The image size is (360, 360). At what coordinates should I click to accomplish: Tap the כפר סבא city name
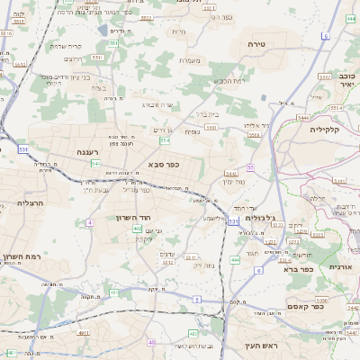coord(161,166)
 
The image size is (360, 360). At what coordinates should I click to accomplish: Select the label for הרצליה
coord(31,204)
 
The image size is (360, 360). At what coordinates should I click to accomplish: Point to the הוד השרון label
coord(130,218)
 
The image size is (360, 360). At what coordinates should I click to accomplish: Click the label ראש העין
coord(262,346)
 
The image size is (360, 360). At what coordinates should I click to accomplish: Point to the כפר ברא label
coord(298,268)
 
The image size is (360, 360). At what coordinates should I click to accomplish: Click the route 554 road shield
coord(165,140)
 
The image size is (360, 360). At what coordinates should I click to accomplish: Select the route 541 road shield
coord(94,163)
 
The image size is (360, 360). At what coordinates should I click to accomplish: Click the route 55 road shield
coord(250,167)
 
